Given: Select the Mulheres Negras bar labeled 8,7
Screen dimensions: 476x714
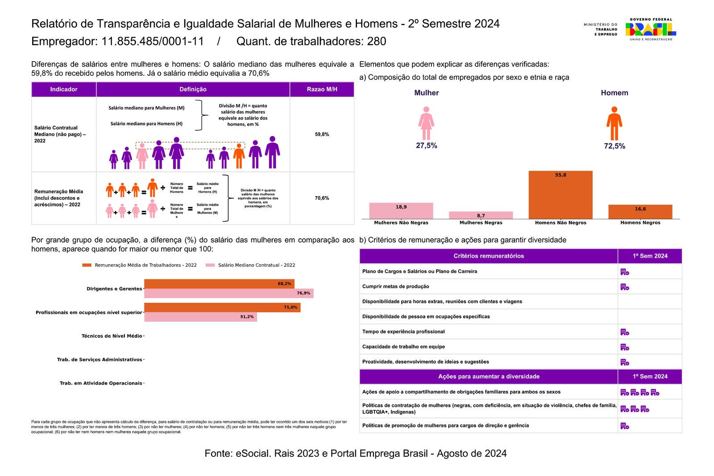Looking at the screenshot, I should [481, 215].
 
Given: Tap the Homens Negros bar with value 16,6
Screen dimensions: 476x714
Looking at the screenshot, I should [640, 211].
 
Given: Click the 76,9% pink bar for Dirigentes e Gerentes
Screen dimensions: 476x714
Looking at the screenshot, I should [228, 293].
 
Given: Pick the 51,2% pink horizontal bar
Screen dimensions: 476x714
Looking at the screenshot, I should [200, 317].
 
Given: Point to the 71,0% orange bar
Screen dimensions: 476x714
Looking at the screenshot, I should [222, 307].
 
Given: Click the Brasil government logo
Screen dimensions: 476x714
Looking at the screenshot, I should [651, 29].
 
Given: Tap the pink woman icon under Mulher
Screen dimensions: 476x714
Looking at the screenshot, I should [426, 124].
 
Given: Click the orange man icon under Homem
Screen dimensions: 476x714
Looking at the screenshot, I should [614, 124].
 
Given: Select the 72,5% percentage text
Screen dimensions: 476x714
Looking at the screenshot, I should [614, 146].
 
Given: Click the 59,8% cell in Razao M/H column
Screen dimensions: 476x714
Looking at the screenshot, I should [322, 134].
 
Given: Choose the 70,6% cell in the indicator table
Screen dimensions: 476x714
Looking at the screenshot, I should [322, 198].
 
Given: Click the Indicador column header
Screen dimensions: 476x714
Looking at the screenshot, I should [64, 89].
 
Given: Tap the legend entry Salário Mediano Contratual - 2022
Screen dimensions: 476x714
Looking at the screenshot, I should [256, 265].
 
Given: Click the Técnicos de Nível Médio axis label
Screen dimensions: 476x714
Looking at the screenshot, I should [112, 336].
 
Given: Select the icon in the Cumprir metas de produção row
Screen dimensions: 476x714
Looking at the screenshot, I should [625, 287].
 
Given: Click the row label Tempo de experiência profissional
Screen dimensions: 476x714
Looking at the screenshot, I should [403, 331].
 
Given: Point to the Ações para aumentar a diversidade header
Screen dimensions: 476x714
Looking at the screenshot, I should [489, 377].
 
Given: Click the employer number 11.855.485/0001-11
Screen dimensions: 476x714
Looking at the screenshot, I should [153, 41].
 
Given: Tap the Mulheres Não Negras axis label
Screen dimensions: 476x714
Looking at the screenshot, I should [401, 223].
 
